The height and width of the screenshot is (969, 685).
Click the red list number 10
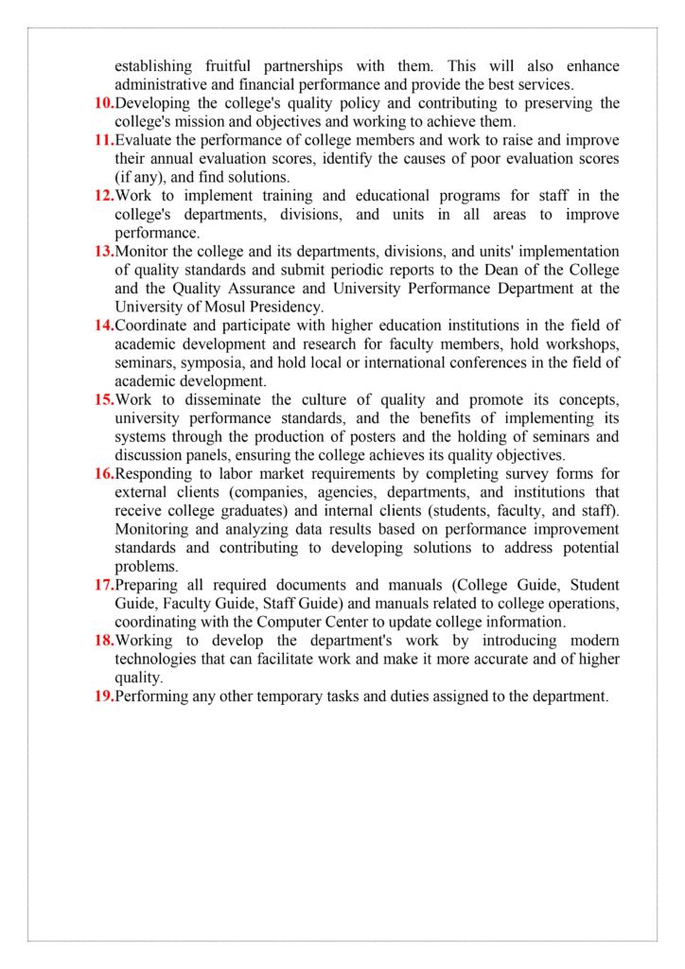[x=104, y=103]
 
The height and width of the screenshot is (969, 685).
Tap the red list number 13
[x=104, y=252]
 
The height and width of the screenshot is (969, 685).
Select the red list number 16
[x=104, y=474]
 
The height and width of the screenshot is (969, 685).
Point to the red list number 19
[x=104, y=696]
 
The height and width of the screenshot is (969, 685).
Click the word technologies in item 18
[x=160, y=660]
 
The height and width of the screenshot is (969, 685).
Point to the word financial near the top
[x=268, y=84]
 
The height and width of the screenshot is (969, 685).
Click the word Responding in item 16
[x=155, y=474]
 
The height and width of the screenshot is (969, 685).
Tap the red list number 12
[x=104, y=196]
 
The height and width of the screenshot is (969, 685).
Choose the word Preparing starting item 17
[x=149, y=585]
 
